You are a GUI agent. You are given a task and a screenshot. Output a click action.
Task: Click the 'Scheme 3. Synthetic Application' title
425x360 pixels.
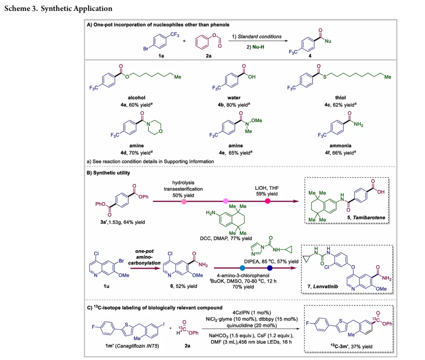pos(58,8)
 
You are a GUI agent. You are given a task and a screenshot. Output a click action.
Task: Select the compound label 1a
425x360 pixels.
pos(161,56)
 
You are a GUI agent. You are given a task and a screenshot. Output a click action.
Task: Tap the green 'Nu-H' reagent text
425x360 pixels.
pos(258,47)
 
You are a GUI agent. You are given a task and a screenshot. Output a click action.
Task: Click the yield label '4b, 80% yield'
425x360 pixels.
pos(234,105)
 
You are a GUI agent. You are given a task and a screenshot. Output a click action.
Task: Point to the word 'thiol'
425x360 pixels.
pos(340,98)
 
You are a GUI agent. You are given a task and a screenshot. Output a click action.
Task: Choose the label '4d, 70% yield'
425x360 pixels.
pos(137,153)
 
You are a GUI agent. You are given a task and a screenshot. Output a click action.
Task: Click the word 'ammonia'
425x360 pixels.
pos(340,146)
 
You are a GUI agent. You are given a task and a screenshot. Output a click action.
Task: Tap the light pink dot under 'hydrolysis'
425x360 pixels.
pos(184,202)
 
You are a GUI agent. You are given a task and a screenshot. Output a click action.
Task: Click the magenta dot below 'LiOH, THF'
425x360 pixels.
pos(268,201)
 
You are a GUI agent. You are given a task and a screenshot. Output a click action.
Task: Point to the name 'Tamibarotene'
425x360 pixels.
pos(369,217)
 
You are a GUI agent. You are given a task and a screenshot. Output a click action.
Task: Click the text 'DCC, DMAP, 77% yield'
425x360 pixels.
pos(226,238)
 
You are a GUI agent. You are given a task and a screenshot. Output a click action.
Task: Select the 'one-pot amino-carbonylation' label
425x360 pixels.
pos(144,257)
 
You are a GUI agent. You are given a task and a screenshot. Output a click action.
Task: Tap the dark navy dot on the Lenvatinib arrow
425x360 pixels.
pos(270,268)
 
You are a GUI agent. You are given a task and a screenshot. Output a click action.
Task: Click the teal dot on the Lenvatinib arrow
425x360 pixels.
pos(242,268)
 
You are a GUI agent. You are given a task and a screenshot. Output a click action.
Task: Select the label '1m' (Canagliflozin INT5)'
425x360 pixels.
pos(132,346)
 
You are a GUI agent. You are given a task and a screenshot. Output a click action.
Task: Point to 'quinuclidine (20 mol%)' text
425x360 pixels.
pos(251,326)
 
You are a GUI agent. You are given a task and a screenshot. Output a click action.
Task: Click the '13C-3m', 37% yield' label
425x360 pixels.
pos(351,347)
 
